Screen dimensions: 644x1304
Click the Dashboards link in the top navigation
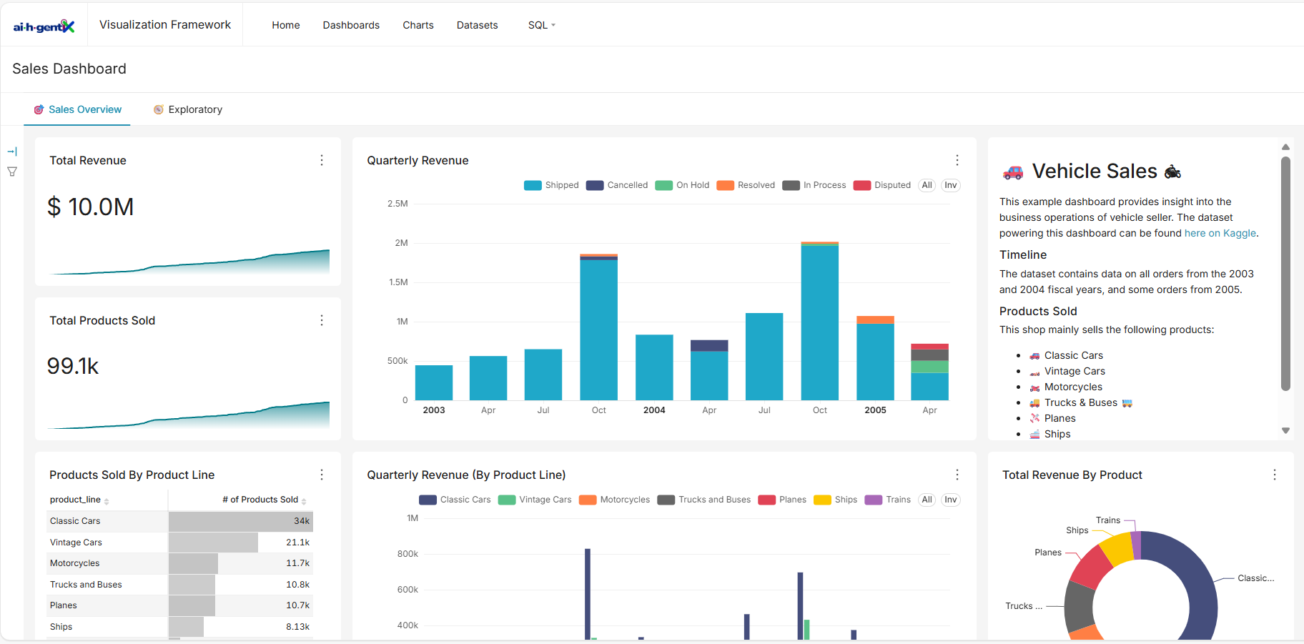pyautogui.click(x=351, y=25)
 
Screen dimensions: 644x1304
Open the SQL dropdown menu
pyautogui.click(x=541, y=25)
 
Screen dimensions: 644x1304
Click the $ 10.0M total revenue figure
pyautogui.click(x=91, y=207)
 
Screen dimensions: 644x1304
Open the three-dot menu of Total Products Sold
pyautogui.click(x=322, y=320)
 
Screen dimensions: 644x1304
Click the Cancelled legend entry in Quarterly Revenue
pyautogui.click(x=618, y=185)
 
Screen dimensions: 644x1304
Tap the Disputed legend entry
pyautogui.click(x=883, y=185)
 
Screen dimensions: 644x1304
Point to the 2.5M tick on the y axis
pyautogui.click(x=397, y=204)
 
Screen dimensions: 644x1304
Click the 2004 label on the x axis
pyautogui.click(x=654, y=410)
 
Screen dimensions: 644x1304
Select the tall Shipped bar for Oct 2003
pyautogui.click(x=599, y=329)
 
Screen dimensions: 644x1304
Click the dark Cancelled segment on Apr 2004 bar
pyautogui.click(x=709, y=346)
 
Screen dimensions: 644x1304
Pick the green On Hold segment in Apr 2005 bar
pyautogui.click(x=929, y=367)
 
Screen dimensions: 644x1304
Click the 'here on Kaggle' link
pyautogui.click(x=1220, y=233)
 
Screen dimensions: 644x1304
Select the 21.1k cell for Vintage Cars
pyautogui.click(x=297, y=543)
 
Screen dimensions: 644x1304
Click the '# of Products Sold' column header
pyautogui.click(x=260, y=500)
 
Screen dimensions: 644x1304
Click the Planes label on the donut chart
pyautogui.click(x=1048, y=553)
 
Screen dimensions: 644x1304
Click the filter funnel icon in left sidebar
pyautogui.click(x=12, y=172)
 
